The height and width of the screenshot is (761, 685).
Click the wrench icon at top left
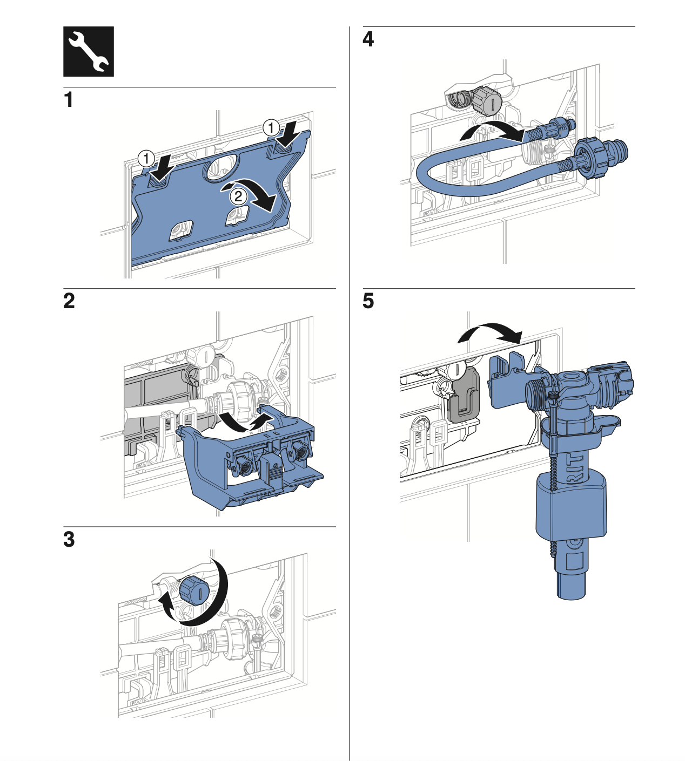[x=89, y=51]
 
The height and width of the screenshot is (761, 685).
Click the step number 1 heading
[x=68, y=100]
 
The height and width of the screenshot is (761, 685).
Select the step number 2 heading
[x=69, y=301]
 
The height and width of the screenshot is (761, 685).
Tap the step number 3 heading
[x=69, y=539]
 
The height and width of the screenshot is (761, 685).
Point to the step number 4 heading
[x=368, y=39]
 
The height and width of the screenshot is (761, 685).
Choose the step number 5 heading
[x=368, y=301]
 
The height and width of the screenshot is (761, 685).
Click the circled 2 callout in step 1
[x=238, y=195]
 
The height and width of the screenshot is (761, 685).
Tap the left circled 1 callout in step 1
[x=146, y=159]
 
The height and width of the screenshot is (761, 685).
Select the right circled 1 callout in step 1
[x=271, y=128]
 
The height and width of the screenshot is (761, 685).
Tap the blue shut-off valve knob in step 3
[x=193, y=591]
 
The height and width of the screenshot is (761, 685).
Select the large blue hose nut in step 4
[x=592, y=159]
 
